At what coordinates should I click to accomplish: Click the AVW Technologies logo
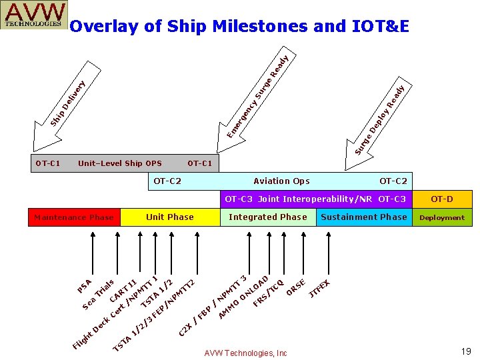[x=35, y=15]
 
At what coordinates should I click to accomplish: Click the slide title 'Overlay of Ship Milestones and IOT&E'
[x=239, y=27]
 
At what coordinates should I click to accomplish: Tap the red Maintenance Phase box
[x=74, y=217]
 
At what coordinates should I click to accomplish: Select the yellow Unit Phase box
[x=169, y=217]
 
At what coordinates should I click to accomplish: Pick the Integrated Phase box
[x=268, y=217]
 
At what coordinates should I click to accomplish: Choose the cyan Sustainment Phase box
[x=363, y=217]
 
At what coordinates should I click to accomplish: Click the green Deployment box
[x=442, y=217]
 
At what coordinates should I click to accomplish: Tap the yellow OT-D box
[x=442, y=199]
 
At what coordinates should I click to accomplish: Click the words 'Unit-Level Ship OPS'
[x=120, y=163]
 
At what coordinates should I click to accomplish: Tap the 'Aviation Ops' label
[x=281, y=181]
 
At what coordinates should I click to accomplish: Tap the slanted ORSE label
[x=295, y=287]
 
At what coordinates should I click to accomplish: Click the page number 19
[x=466, y=351]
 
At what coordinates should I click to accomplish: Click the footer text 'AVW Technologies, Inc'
[x=246, y=353]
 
